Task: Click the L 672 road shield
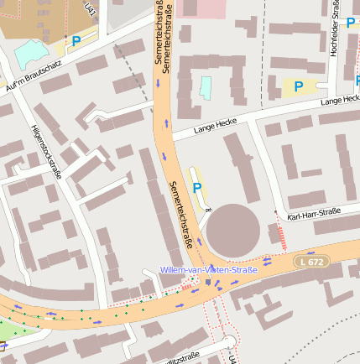310,263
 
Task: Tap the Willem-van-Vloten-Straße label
209,271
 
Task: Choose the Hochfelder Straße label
334,29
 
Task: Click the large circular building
235,229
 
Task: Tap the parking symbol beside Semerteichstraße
198,187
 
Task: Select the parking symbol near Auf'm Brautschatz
76,40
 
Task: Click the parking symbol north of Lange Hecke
298,86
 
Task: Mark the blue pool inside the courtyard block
206,87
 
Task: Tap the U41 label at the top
90,8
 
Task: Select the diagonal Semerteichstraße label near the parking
182,215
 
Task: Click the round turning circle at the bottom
228,342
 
